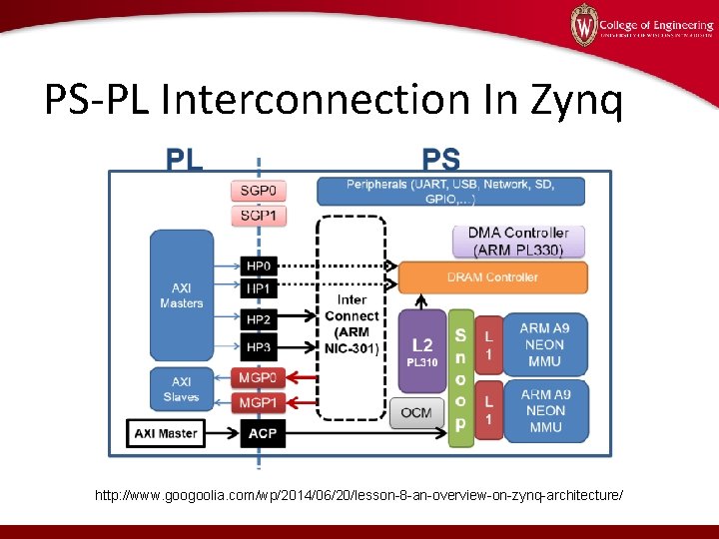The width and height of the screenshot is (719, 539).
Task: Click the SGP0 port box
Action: pos(259,190)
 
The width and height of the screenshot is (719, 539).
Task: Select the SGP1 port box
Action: pos(259,215)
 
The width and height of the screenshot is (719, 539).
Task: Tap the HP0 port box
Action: pos(259,267)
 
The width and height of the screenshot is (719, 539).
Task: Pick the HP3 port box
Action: pos(259,346)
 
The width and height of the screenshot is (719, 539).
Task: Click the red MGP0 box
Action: pos(259,378)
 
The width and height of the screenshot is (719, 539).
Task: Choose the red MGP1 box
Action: pos(259,401)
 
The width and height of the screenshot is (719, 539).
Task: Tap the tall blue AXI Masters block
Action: pos(181,295)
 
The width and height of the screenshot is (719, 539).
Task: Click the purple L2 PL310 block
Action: pos(422,349)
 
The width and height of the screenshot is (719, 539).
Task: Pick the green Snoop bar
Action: pos(460,378)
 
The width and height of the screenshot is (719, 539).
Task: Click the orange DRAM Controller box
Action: pos(492,276)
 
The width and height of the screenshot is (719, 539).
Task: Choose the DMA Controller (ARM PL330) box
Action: pos(518,241)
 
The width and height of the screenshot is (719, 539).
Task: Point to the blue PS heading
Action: pos(441,160)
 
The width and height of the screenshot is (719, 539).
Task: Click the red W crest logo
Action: pos(583,25)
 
